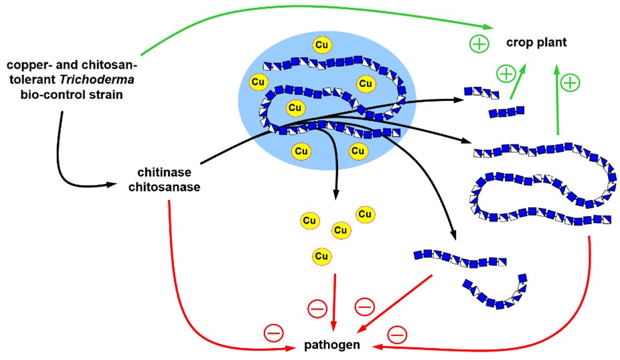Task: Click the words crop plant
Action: [536, 43]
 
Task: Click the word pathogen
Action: [332, 345]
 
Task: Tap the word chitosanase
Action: [163, 187]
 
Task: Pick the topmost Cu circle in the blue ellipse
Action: [322, 44]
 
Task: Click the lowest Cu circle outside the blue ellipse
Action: [322, 256]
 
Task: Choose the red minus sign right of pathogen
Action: [397, 332]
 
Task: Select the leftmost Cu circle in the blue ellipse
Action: [258, 82]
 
